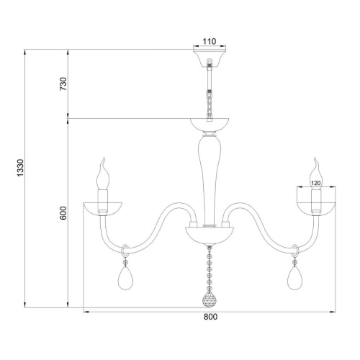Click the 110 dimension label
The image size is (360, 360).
pos(210,42)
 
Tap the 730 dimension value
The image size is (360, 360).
pos(63,84)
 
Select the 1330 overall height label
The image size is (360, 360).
pos(20,168)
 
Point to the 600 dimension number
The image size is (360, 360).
pos(63,213)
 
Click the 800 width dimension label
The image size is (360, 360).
pos(210,317)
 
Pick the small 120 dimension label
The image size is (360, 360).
pos(316,183)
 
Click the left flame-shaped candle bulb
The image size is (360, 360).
pos(103,174)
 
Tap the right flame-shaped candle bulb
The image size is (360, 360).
pos(316,174)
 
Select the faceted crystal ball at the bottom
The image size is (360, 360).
pos(210,300)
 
